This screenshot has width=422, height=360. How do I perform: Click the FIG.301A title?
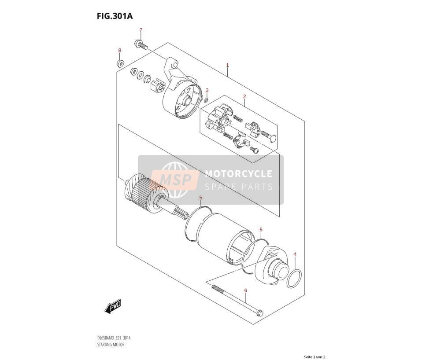(115, 16)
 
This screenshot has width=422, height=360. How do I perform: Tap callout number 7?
(141, 30)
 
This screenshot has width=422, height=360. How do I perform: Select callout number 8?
(120, 50)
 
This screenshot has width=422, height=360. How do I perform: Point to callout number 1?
(227, 65)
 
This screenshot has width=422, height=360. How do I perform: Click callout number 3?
(207, 90)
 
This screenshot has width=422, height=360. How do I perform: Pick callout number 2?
(244, 96)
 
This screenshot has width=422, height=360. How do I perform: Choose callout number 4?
(295, 254)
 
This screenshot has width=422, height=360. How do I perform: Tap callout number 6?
(245, 290)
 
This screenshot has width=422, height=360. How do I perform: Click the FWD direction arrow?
(113, 306)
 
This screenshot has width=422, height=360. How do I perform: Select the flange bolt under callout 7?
(141, 44)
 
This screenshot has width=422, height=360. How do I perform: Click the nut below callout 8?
(120, 63)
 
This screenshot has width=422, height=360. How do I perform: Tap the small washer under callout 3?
(206, 100)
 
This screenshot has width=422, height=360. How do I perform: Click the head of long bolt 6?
(260, 313)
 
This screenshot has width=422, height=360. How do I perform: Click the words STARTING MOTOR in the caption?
(111, 345)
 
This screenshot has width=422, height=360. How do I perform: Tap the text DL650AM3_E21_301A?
(114, 338)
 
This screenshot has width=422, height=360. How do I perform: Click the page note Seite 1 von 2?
(315, 357)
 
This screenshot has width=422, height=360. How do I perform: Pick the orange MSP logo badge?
(175, 180)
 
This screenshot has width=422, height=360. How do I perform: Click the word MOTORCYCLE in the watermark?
(239, 174)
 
